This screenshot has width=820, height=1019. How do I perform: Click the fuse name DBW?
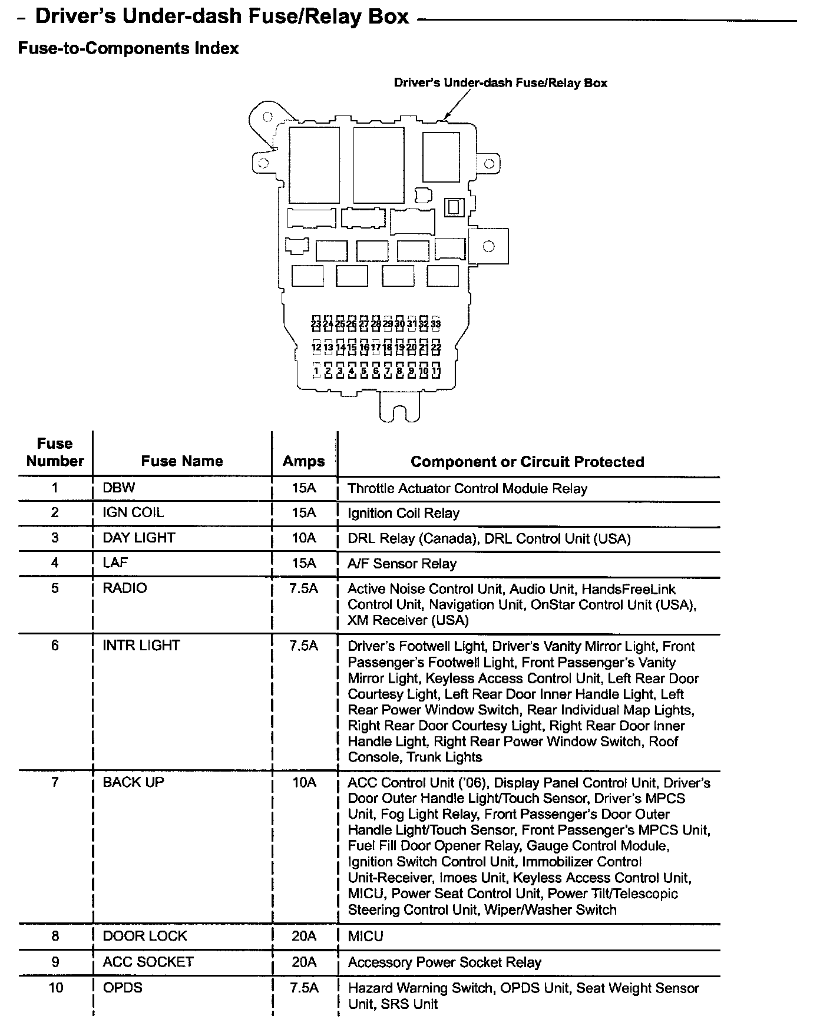(x=118, y=488)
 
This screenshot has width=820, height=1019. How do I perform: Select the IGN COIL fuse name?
(x=133, y=512)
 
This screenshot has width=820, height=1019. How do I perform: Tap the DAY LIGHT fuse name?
(x=138, y=538)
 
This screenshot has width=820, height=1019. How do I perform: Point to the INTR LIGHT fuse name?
(x=141, y=646)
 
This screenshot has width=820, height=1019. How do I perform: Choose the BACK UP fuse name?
(x=133, y=782)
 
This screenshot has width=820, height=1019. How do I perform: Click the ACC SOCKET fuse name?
(x=148, y=962)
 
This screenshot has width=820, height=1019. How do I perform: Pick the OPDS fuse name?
(x=123, y=987)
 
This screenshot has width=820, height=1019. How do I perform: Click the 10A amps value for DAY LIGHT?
(x=304, y=538)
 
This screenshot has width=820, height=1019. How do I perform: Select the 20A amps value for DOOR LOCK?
(x=304, y=936)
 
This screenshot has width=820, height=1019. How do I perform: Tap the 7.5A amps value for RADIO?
(x=304, y=588)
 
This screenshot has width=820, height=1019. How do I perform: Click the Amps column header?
(x=304, y=461)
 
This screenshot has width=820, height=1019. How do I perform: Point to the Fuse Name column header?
(x=182, y=461)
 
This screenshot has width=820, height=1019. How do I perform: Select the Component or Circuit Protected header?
(x=527, y=462)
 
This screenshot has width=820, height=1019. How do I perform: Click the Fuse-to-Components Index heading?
(x=128, y=48)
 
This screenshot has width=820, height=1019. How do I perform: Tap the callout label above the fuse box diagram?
(x=500, y=83)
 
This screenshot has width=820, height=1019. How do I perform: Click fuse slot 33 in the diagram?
(x=436, y=323)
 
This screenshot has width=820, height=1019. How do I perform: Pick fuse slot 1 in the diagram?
(x=316, y=371)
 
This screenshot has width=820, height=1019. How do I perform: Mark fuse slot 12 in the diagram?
(x=316, y=348)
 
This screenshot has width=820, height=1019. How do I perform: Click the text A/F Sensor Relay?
(x=402, y=564)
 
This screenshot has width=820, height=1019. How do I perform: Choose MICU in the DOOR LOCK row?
(x=365, y=936)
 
